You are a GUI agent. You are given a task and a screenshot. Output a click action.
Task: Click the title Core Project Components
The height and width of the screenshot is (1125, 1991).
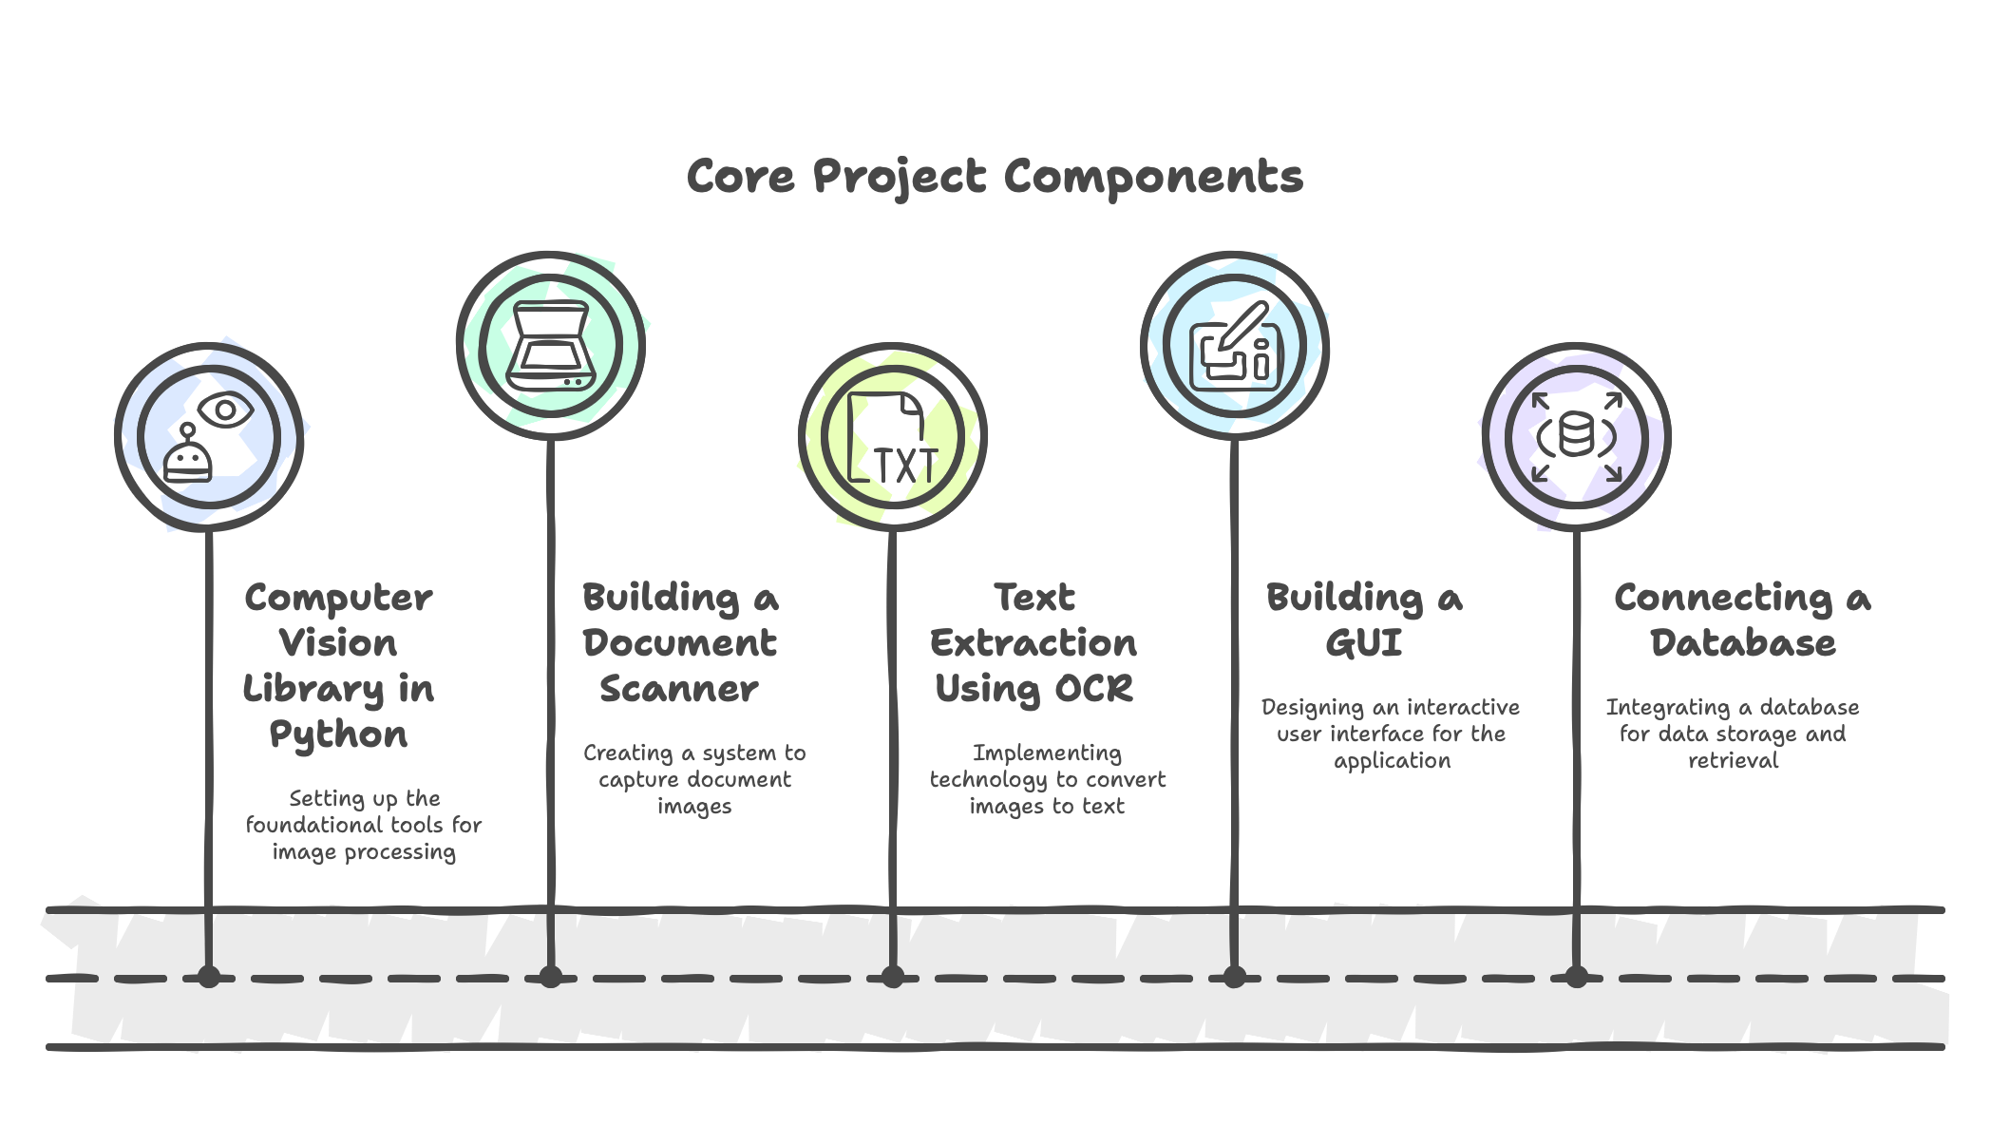click(994, 177)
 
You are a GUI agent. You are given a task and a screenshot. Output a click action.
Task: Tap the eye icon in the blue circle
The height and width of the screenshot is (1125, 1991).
click(226, 410)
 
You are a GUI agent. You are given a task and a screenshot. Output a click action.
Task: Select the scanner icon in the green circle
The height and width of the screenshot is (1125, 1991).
click(550, 346)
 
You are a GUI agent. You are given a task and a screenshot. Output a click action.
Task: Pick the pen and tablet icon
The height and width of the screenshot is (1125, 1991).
click(1234, 346)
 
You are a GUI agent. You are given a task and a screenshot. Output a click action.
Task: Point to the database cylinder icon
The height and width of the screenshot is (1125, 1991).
click(1576, 438)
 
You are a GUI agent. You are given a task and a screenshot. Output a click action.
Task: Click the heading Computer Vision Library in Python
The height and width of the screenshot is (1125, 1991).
click(338, 665)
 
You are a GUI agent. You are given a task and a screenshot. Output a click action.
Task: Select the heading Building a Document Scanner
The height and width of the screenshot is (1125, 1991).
click(680, 642)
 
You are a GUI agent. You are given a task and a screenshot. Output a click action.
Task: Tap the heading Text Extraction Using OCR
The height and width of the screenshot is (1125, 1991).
click(1033, 642)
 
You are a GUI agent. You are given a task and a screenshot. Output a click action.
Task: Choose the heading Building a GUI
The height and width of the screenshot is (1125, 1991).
click(1364, 620)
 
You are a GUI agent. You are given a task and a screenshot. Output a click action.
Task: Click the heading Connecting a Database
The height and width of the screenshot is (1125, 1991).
click(1742, 620)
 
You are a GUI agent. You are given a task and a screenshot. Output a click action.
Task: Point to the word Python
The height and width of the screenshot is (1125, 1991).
click(338, 734)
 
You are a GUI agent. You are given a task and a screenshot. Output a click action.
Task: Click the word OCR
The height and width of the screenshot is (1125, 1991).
click(1093, 689)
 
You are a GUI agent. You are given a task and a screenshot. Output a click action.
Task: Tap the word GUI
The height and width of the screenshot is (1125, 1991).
click(1364, 643)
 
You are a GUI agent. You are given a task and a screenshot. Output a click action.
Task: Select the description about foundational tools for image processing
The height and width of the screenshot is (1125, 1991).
click(364, 825)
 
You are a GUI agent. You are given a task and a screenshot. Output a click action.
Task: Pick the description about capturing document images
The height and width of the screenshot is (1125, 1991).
click(694, 779)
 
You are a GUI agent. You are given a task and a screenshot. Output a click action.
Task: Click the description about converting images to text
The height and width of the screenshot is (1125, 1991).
click(1047, 779)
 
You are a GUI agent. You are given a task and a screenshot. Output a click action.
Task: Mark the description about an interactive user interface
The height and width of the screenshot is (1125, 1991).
click(1391, 734)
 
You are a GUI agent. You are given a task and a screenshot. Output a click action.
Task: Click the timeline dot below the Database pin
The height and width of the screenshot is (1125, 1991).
click(1576, 976)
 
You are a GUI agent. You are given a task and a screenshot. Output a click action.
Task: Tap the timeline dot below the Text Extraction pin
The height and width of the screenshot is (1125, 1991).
click(892, 976)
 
